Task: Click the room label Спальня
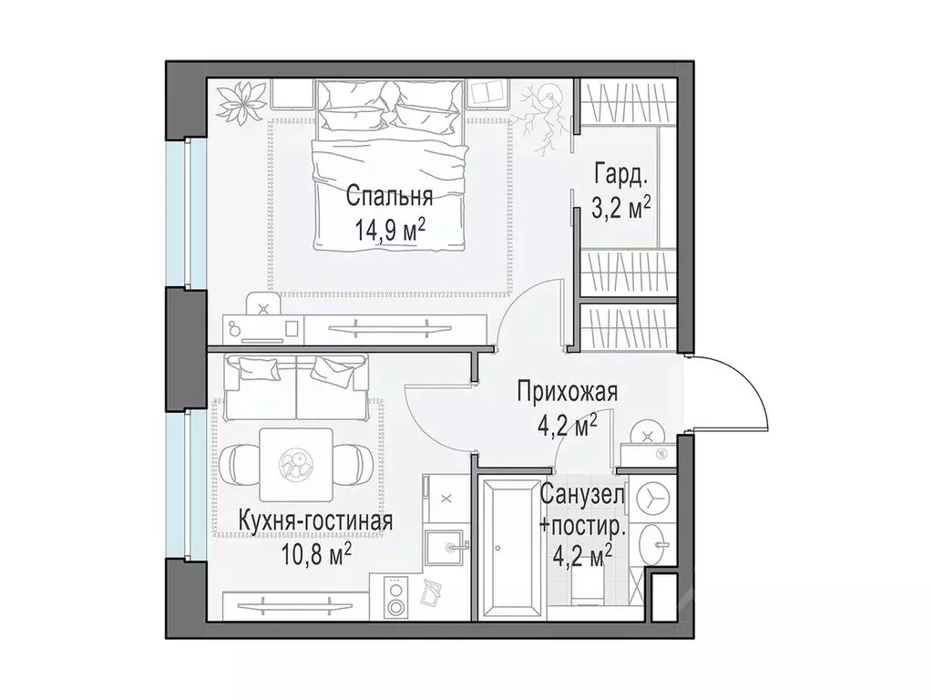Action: pos(388,197)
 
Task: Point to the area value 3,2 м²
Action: pos(621,206)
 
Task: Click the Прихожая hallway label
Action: pos(567,393)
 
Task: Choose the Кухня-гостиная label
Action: pos(315,521)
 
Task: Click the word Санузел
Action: pos(582,497)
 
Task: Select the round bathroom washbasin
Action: pos(655,548)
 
